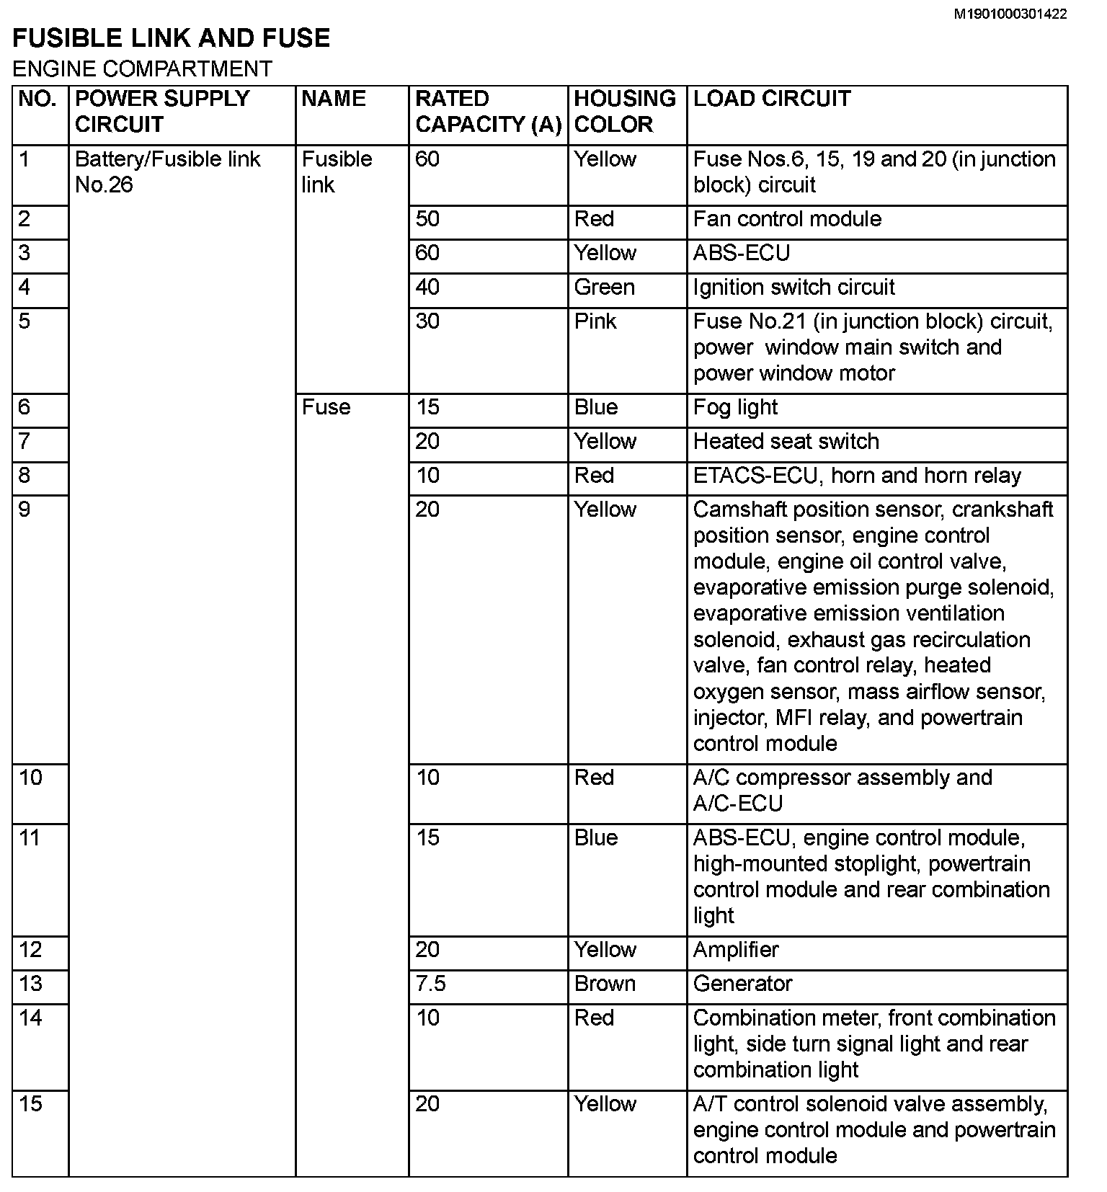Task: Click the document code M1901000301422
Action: pos(1010,14)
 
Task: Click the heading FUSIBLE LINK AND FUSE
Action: pos(172,38)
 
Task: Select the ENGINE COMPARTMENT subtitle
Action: pos(143,69)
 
